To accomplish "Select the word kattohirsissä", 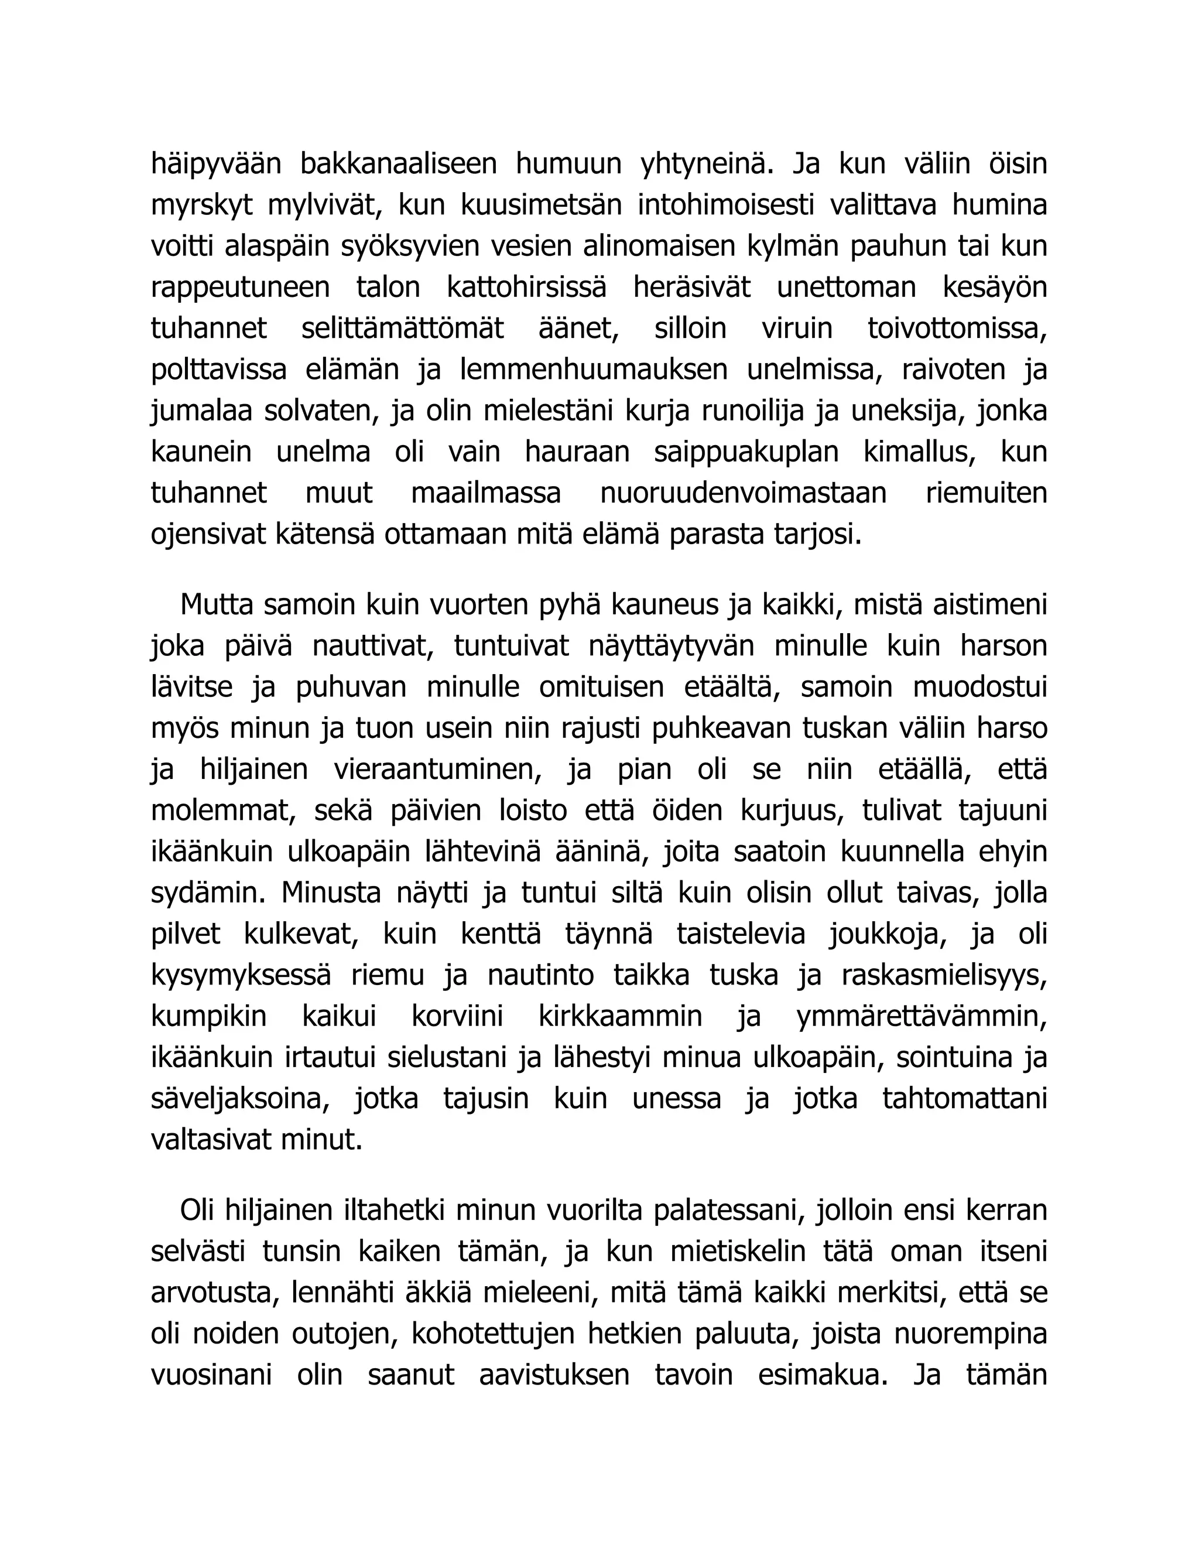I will (x=527, y=288).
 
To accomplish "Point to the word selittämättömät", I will (x=403, y=329).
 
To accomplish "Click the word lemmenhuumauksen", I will (x=594, y=370).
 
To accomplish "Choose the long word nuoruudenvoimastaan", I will (x=743, y=493).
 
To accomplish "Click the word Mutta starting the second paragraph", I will (x=217, y=606).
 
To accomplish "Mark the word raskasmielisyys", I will (x=944, y=976).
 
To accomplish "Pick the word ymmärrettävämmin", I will (x=921, y=1017).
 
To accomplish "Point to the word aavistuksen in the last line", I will (x=554, y=1376).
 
